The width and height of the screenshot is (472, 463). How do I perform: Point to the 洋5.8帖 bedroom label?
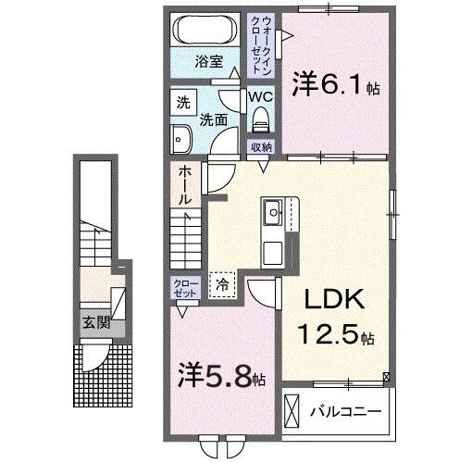click(221, 378)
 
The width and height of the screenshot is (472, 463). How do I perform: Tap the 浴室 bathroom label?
click(209, 62)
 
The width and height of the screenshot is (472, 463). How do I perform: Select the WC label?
click(259, 97)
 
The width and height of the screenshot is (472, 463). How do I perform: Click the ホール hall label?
click(185, 184)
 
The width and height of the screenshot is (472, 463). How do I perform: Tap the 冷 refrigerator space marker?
click(222, 286)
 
